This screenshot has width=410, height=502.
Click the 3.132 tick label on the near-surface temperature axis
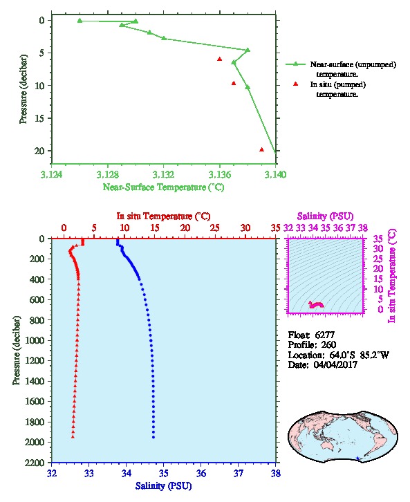pos(163,174)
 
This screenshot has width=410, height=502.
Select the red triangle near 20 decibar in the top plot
pos(261,149)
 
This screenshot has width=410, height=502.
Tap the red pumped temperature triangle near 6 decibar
pos(220,59)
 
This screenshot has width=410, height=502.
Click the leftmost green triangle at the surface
pos(80,21)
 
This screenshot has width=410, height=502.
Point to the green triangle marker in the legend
pos(295,64)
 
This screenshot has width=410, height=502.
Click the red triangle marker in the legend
pos(295,84)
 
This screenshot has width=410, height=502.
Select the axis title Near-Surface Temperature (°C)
pos(163,187)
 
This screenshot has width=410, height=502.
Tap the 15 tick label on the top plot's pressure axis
pos(39,118)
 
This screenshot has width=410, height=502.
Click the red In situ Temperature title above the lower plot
pos(163,216)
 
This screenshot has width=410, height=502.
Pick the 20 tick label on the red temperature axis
pos(185,228)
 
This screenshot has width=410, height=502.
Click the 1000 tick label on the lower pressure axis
pos(34,340)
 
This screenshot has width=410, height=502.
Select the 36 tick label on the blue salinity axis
pos(201,473)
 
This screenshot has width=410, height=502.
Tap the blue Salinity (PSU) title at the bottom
pos(163,486)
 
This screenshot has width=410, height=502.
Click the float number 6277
pos(324,335)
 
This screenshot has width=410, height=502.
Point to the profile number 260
pos(328,344)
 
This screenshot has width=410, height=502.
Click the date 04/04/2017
pos(335,364)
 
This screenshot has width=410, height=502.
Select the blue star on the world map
pos(357,458)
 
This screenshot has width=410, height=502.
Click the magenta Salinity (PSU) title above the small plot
pos(325,216)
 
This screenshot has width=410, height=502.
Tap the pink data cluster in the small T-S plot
pos(316,304)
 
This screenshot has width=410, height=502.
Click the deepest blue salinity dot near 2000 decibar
pos(153,437)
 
